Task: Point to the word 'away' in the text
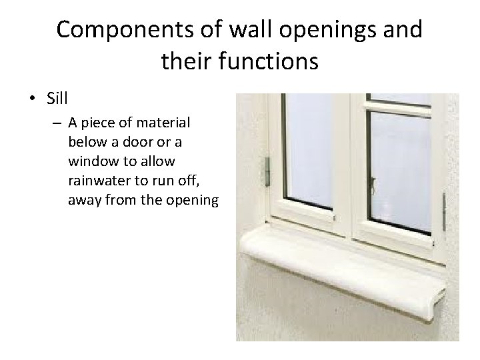[x=85, y=199]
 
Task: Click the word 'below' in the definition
[x=86, y=142]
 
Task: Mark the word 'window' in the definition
[x=92, y=161]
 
